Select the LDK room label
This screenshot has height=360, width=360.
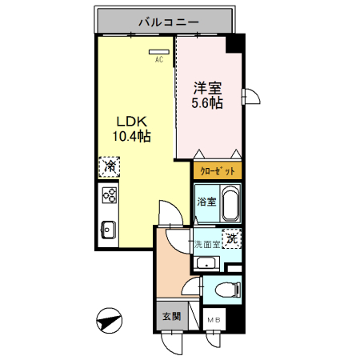pos(132,121)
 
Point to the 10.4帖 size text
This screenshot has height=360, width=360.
pos(133,137)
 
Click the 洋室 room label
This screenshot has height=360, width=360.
pos(207,87)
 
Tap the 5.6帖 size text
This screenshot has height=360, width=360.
pos(207,103)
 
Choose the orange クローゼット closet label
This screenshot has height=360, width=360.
pos(216,171)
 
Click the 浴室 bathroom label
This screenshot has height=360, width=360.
pos(206,201)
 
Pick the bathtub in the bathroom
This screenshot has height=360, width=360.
pos(230,206)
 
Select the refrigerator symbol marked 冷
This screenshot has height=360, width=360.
pos(108,167)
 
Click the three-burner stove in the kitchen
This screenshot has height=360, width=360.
pos(109,196)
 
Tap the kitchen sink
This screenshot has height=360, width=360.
pos(108,230)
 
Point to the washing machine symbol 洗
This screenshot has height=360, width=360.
pos(231,238)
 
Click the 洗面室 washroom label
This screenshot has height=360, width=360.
pos(206,244)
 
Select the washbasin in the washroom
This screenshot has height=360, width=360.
pos(207,264)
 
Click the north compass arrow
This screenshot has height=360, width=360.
pos(108,322)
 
